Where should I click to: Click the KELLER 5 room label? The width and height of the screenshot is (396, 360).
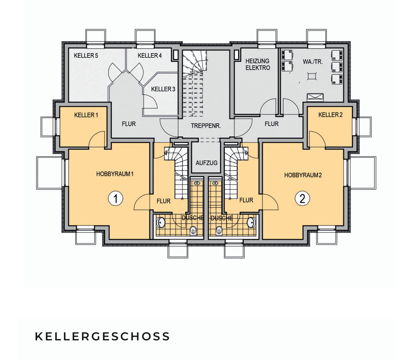point(86,55)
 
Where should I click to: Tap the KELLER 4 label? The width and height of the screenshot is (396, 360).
point(150,55)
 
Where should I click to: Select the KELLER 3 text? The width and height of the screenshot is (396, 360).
point(163,89)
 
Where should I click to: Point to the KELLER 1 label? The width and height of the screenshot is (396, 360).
point(86,115)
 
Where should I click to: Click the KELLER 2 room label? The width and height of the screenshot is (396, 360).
point(330,115)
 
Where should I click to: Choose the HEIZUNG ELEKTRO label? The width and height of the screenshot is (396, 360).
point(258,65)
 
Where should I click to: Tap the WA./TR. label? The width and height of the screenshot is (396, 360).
point(313,62)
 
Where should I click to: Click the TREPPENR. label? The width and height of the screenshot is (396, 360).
point(206,126)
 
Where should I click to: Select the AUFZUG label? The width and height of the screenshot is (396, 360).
point(207,163)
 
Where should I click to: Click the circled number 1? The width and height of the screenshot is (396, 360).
point(116,198)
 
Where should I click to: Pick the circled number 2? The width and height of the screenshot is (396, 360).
point(302,198)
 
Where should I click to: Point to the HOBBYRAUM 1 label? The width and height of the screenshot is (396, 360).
point(115,174)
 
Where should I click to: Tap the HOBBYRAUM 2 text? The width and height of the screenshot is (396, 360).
point(303,175)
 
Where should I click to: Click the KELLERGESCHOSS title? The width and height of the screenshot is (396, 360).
point(102,337)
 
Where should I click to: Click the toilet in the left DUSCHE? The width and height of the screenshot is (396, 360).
point(193,230)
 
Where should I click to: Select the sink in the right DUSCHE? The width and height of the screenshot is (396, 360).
point(251,222)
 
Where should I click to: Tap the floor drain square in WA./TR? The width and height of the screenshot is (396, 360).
point(312,76)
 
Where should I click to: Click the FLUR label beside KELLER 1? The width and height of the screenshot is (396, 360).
point(129,124)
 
